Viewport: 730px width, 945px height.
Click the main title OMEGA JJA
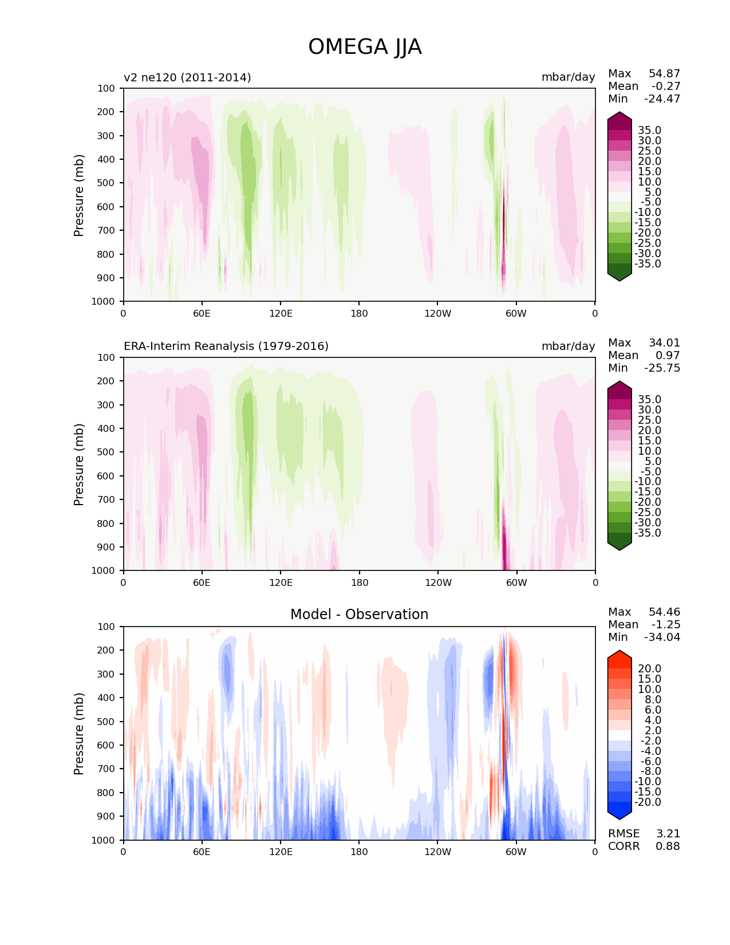click(365, 47)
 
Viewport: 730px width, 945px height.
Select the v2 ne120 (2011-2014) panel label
click(187, 77)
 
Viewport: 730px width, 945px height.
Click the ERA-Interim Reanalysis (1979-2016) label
click(226, 346)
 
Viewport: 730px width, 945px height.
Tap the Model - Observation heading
click(359, 615)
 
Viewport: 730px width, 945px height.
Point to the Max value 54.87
click(664, 74)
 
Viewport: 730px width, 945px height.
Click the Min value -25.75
click(662, 368)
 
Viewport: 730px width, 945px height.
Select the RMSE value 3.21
click(668, 834)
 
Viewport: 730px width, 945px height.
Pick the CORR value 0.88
click(668, 846)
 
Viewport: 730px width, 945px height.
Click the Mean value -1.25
click(665, 625)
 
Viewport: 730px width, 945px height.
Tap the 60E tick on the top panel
click(202, 313)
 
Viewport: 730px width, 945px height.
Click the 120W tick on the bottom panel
click(438, 852)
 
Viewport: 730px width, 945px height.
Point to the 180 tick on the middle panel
click(359, 582)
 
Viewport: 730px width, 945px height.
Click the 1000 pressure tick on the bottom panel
click(103, 840)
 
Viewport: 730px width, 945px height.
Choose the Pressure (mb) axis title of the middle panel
click(79, 464)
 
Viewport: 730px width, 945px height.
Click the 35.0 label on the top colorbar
click(649, 131)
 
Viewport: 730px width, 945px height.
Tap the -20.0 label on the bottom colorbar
click(648, 802)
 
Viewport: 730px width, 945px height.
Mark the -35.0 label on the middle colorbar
click(648, 533)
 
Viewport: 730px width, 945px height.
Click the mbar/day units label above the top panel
click(568, 77)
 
